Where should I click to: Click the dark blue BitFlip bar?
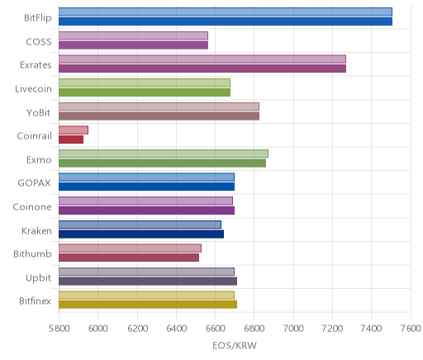[x=226, y=21]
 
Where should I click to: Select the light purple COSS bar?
[x=133, y=36]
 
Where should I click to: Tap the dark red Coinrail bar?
[x=71, y=140]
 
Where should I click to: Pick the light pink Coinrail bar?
[x=74, y=130]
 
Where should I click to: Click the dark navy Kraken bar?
[x=141, y=234]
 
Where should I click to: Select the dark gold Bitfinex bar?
[x=148, y=305]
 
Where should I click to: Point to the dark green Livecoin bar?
[x=145, y=92]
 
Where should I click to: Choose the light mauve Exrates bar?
[x=202, y=59]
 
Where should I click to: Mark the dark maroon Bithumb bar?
[x=129, y=258]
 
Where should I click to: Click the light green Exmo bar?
[x=164, y=154]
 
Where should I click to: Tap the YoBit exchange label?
[x=39, y=112]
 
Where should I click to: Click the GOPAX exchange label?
[x=35, y=183]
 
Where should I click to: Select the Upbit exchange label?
[x=39, y=278]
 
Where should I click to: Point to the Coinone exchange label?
[x=32, y=206]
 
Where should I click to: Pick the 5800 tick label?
[x=59, y=329]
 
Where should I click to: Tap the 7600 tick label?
[x=411, y=329]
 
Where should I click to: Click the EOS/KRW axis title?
[x=235, y=345]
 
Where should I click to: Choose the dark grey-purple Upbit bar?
[x=148, y=282]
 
